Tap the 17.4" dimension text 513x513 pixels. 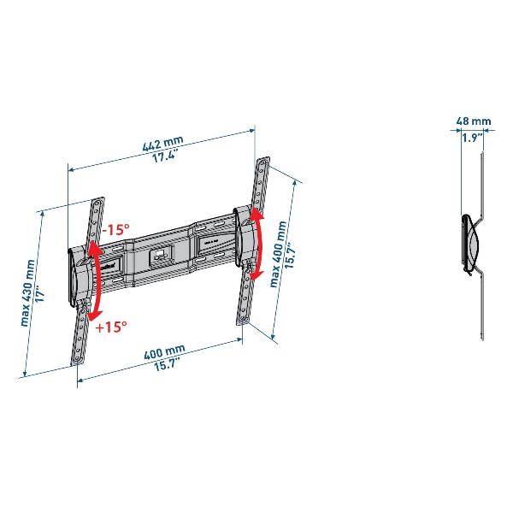[x=165, y=155]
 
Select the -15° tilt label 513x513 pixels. [x=115, y=229]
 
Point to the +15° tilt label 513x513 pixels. [x=111, y=327]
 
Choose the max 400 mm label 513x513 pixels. [x=278, y=254]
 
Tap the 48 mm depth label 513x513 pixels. [x=474, y=121]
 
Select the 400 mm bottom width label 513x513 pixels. [x=164, y=352]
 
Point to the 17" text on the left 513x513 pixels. [x=40, y=296]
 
